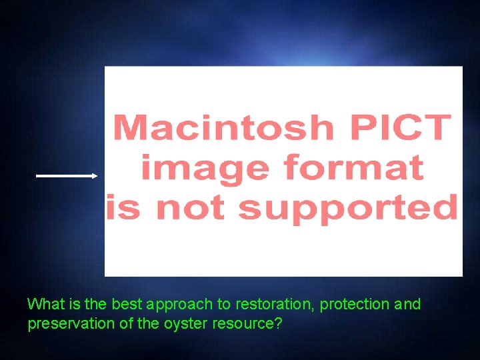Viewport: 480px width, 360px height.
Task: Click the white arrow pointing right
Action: [66, 176]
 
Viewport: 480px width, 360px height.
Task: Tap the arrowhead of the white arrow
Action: [94, 176]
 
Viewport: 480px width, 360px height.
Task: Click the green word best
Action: [127, 305]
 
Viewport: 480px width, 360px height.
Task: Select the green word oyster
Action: [179, 325]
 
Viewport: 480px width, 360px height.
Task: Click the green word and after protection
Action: [407, 305]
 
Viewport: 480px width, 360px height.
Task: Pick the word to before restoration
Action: [224, 305]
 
